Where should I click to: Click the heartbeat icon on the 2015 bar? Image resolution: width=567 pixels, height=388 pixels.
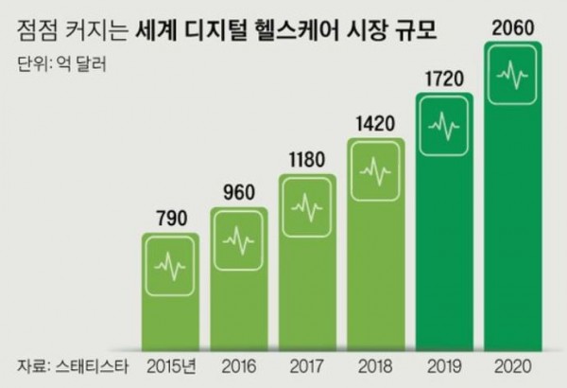170,266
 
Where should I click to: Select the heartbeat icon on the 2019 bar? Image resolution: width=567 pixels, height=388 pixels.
445,122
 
